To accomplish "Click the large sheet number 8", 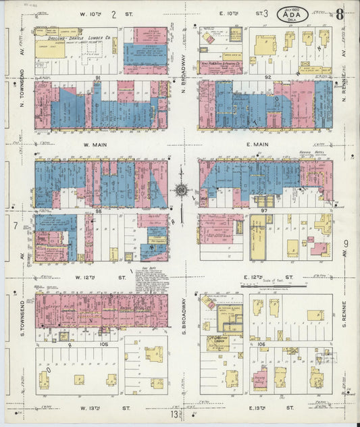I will [340, 14].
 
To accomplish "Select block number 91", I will [98, 78].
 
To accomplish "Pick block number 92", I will [268, 78].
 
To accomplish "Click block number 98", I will [98, 211].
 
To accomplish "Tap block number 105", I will [103, 344].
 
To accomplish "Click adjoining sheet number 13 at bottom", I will [174, 413].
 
